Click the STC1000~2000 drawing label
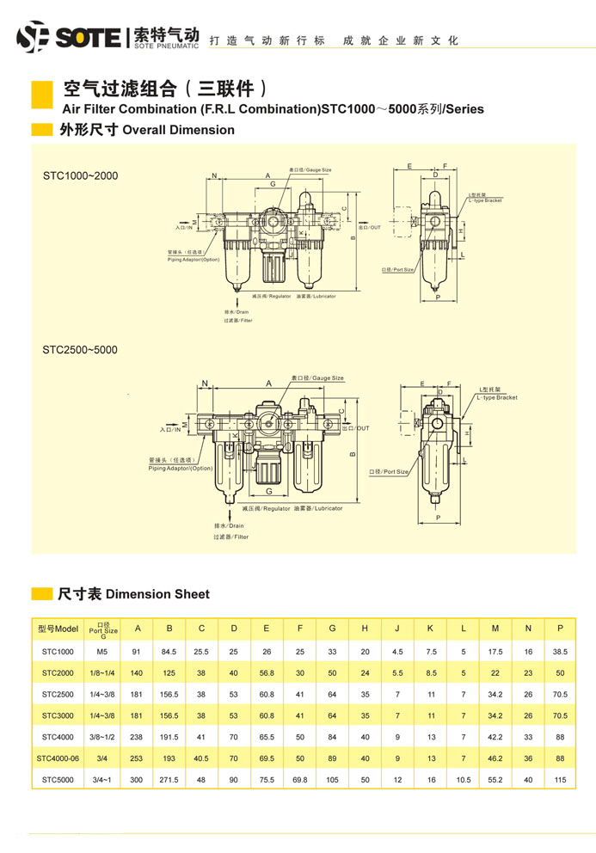click(x=80, y=176)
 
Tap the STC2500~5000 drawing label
click(x=80, y=350)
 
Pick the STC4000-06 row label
click(x=58, y=758)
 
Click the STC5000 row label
click(x=58, y=780)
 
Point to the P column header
click(x=560, y=629)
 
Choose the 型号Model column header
click(x=58, y=629)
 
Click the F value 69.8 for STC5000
click(x=299, y=780)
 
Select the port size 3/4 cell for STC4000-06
click(x=102, y=758)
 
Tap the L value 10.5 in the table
click(x=463, y=780)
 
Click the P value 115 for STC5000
click(x=560, y=780)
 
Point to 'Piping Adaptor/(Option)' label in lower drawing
click(x=180, y=469)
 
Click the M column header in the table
click(x=495, y=629)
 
